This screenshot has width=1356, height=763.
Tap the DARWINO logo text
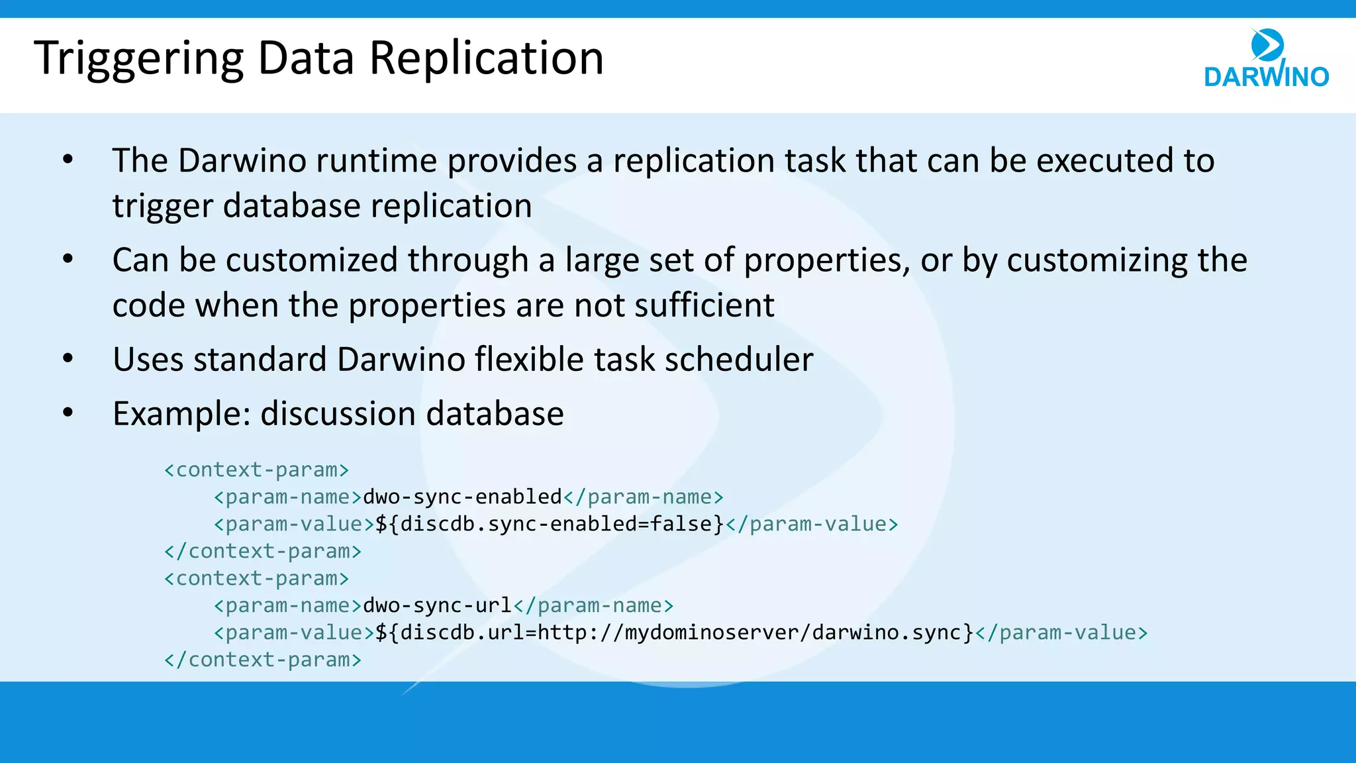tap(1266, 77)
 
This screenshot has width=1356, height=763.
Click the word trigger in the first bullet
tap(162, 206)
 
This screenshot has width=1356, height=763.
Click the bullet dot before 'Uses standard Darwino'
tap(68, 359)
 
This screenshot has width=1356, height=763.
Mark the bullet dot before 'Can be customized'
tap(68, 260)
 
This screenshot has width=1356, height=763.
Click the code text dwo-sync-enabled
tap(462, 497)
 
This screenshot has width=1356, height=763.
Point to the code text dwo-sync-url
tap(437, 605)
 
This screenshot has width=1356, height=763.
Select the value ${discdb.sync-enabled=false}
tap(550, 524)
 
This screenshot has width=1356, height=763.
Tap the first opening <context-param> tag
tap(256, 470)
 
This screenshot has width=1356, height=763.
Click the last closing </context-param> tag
tap(263, 660)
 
